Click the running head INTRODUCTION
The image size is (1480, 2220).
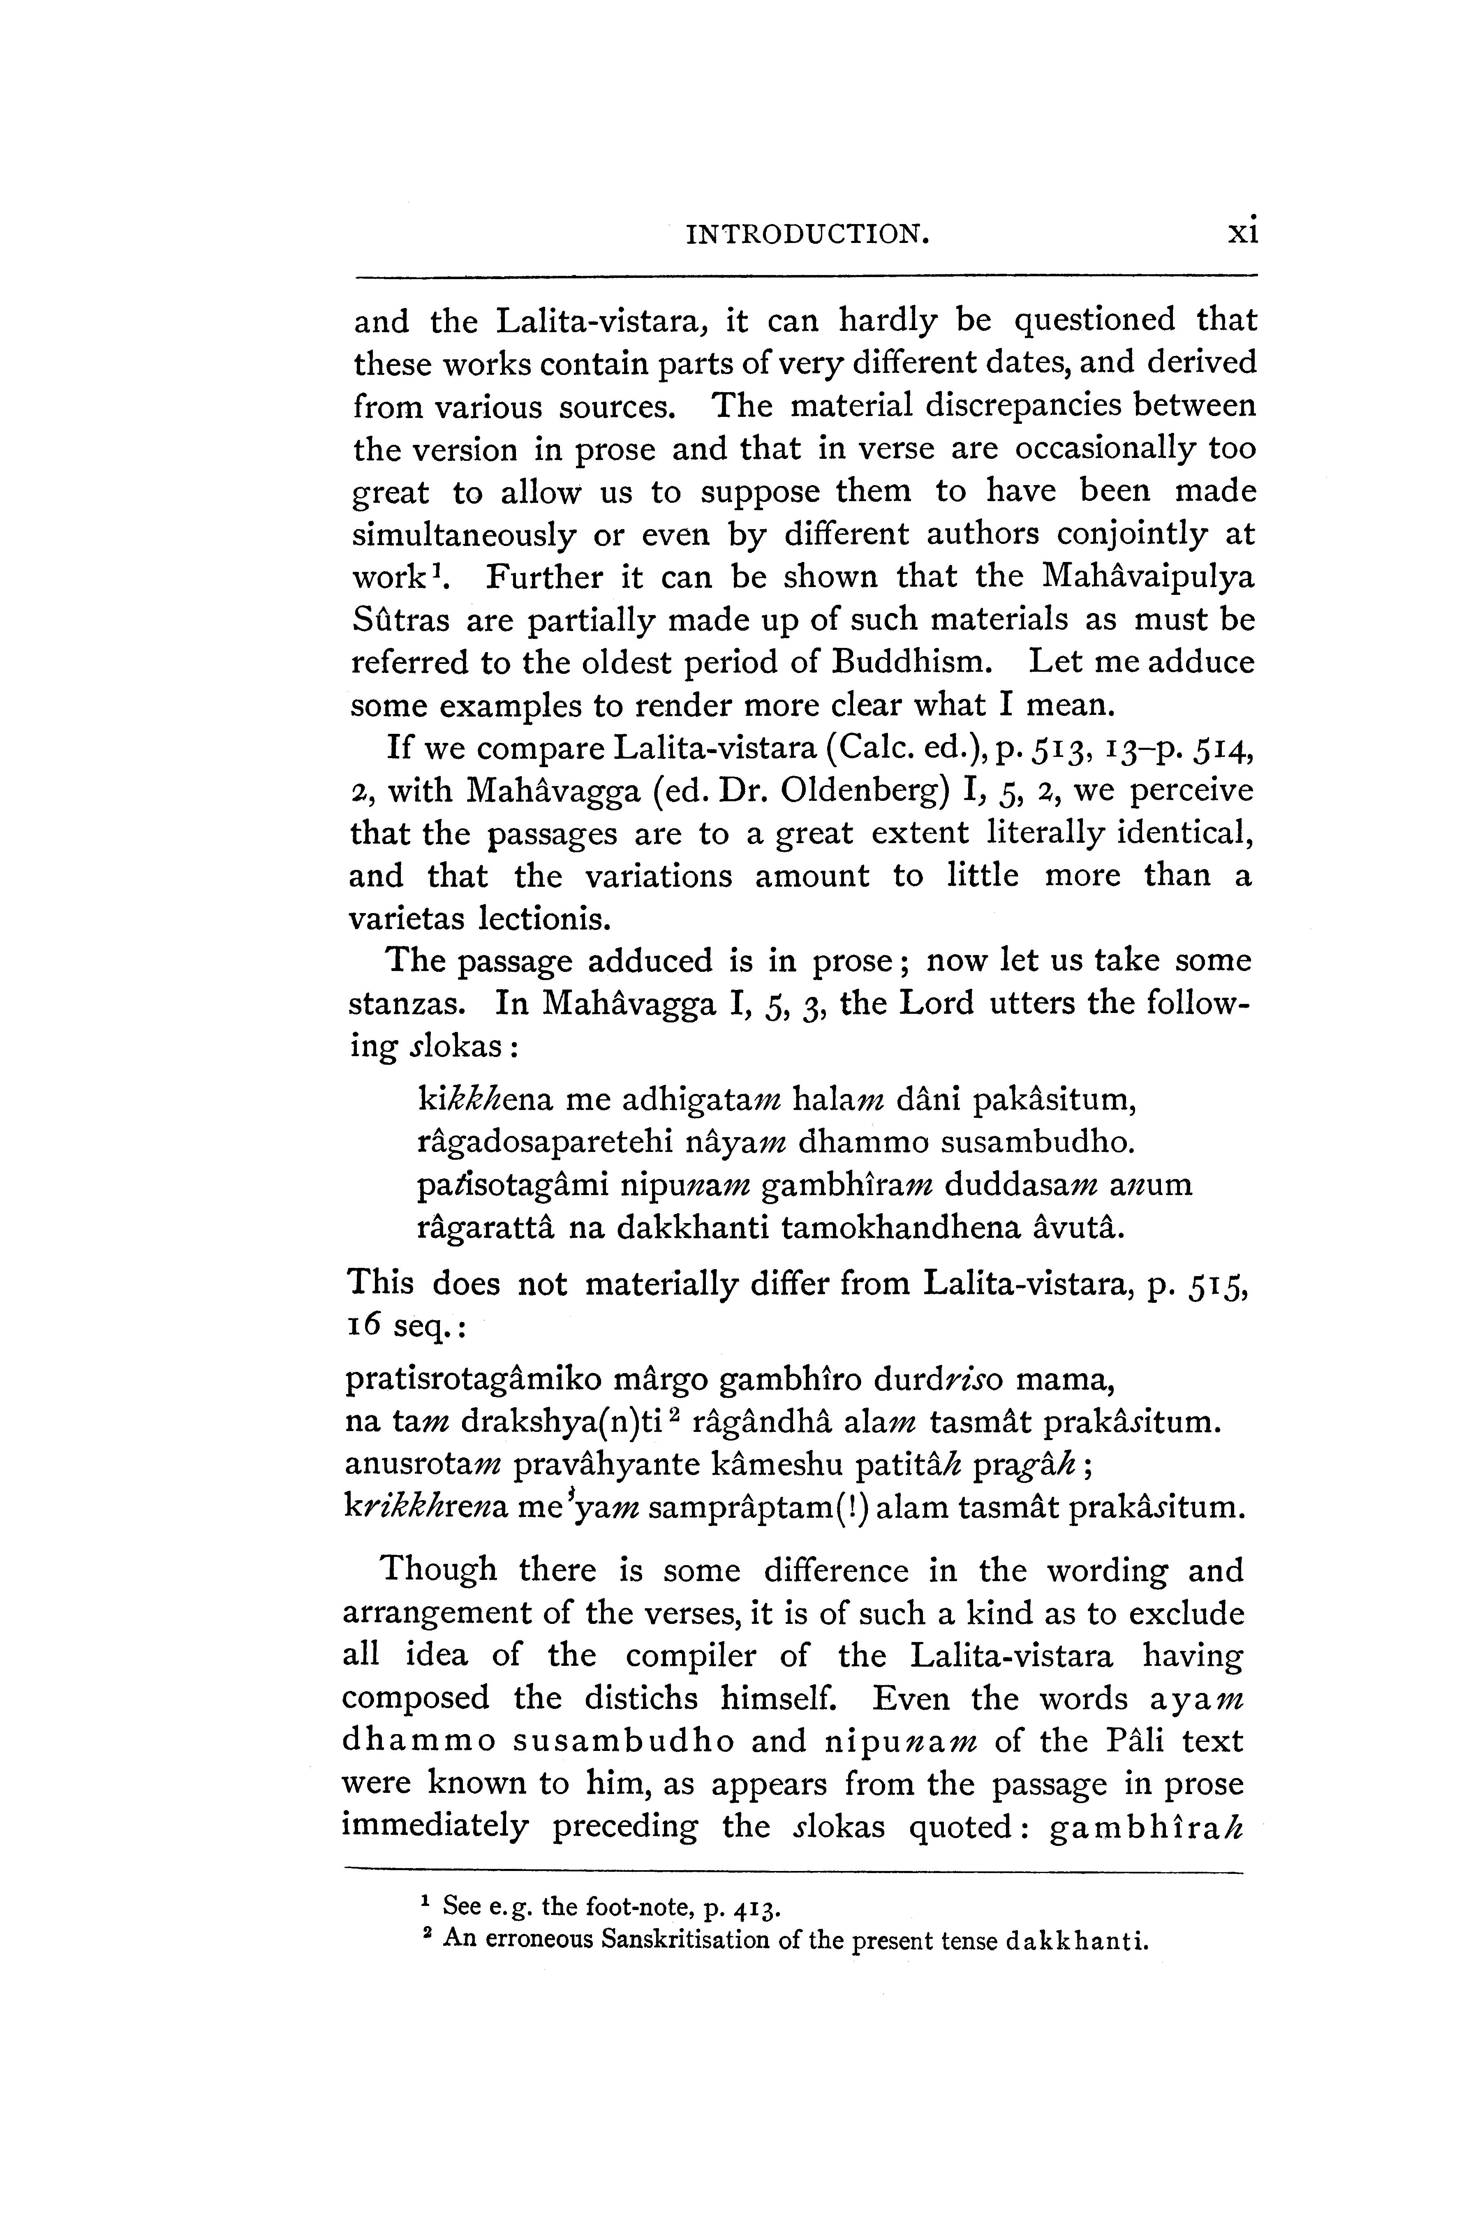point(807,232)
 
